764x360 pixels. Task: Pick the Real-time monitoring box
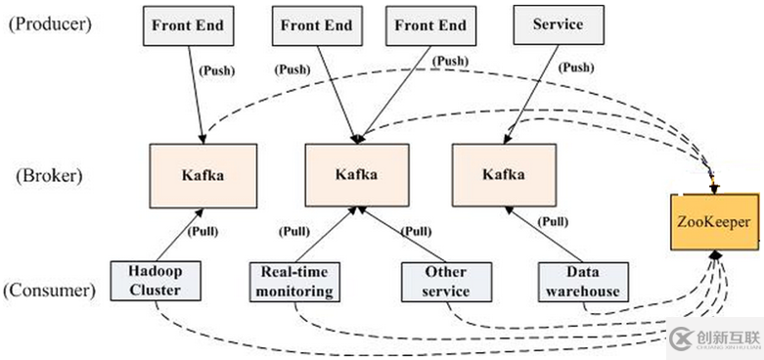pyautogui.click(x=292, y=281)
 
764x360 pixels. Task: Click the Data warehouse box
pyautogui.click(x=581, y=281)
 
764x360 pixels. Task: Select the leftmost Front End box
pyautogui.click(x=186, y=23)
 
